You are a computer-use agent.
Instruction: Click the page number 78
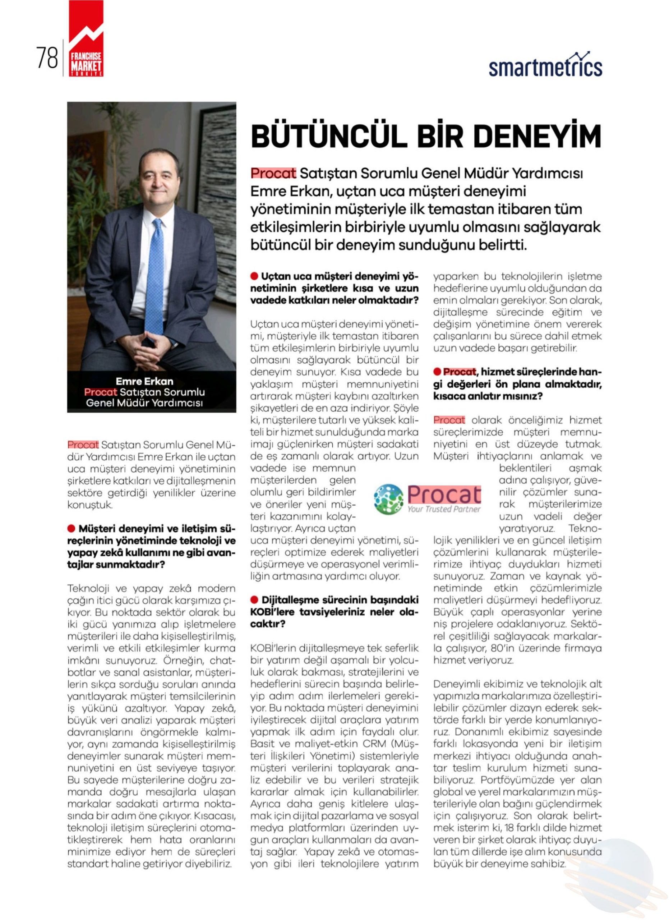(47, 58)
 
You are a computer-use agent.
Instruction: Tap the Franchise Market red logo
(86, 39)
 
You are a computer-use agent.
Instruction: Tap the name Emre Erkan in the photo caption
(144, 381)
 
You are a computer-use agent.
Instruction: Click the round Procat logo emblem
(388, 499)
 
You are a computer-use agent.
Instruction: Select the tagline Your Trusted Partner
(444, 509)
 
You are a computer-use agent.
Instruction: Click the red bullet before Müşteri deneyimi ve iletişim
(71, 529)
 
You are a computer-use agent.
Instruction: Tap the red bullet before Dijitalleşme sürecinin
(254, 599)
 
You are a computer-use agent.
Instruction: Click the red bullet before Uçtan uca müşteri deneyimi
(254, 276)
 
